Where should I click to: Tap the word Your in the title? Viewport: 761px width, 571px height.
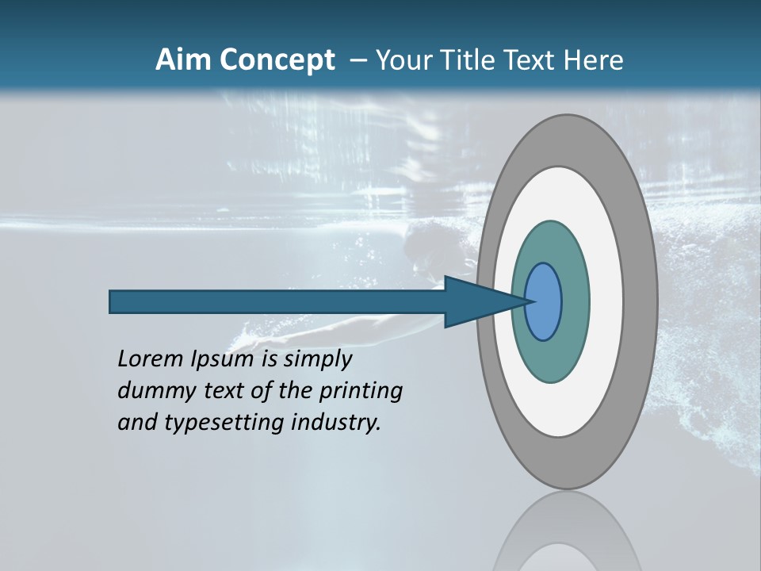click(402, 60)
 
